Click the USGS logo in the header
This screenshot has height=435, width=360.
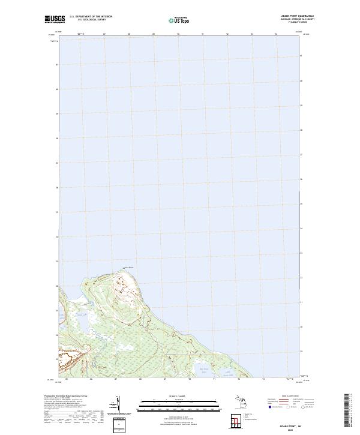(x=55, y=19)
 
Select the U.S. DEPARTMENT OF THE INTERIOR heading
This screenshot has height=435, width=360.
(x=91, y=16)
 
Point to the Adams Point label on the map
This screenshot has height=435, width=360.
(x=128, y=268)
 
